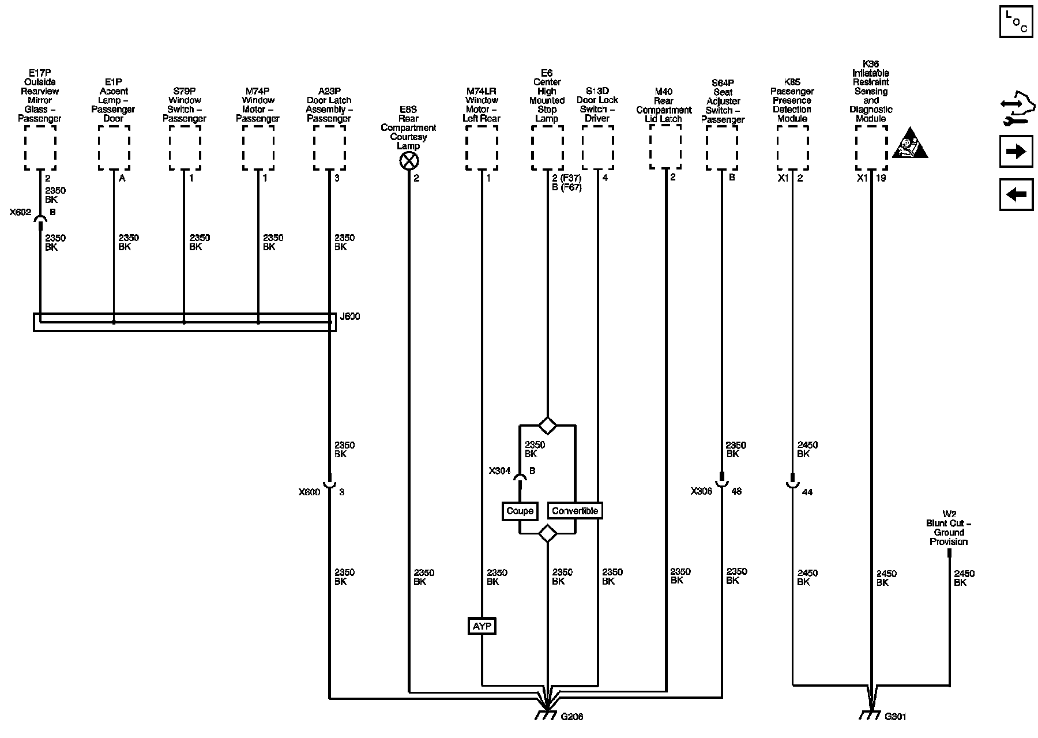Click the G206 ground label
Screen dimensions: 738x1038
(x=571, y=717)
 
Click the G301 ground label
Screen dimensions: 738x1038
(x=896, y=717)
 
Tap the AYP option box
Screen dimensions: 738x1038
(x=482, y=626)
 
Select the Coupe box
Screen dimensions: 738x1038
(x=520, y=511)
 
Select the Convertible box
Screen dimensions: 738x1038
(x=575, y=511)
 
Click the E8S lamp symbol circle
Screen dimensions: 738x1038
(x=409, y=161)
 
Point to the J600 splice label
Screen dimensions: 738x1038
(x=350, y=317)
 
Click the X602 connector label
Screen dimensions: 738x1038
(x=20, y=212)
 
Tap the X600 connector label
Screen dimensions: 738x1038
(x=309, y=492)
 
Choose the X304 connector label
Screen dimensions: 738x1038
(x=499, y=471)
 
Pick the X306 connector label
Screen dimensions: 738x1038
(x=701, y=491)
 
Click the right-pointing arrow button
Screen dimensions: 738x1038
(x=1016, y=152)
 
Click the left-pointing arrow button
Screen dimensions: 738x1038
(x=1016, y=195)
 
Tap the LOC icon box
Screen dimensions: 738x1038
(x=1016, y=22)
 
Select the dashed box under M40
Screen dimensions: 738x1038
(x=665, y=148)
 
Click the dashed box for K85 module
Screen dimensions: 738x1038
(x=792, y=148)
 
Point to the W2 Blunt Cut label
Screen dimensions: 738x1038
(x=949, y=532)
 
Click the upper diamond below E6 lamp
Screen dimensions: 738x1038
(x=547, y=426)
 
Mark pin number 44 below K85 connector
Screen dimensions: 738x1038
(x=807, y=492)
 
